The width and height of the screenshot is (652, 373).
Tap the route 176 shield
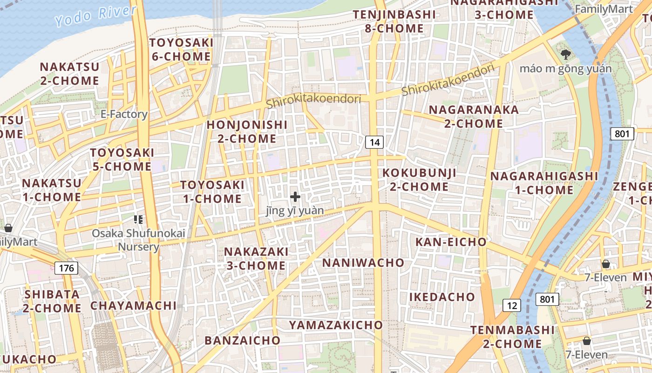click(x=67, y=268)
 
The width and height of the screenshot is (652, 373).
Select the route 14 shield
click(x=374, y=142)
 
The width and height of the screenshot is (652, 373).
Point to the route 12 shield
click(x=512, y=305)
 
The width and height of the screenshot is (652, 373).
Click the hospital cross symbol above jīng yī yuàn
click(x=295, y=197)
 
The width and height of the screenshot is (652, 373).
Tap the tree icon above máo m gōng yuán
click(x=566, y=55)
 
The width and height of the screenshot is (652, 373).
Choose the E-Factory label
click(x=124, y=114)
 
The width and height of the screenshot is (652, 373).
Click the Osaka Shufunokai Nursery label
click(x=138, y=240)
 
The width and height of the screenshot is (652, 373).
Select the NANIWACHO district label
click(x=363, y=262)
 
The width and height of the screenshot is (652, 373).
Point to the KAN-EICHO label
click(x=451, y=242)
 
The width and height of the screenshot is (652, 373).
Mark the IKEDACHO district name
click(x=442, y=297)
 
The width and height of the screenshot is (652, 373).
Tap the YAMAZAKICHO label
click(x=336, y=325)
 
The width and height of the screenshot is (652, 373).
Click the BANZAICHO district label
click(x=243, y=340)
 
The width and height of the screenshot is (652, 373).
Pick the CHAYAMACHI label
click(x=134, y=306)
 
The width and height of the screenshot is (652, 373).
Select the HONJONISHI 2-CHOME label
click(x=247, y=132)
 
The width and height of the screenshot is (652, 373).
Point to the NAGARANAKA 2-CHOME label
click(x=474, y=117)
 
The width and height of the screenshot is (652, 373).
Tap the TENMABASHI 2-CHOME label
click(x=512, y=337)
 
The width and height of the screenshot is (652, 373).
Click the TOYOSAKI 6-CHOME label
click(x=181, y=50)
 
